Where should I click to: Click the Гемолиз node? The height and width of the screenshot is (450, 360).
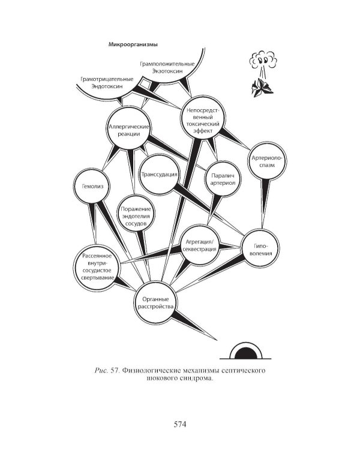pos(92,186)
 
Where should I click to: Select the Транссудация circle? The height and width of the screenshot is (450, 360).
pos(159,175)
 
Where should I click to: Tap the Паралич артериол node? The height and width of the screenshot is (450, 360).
pos(223,179)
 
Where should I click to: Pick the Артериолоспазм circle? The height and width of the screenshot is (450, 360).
pos(267,161)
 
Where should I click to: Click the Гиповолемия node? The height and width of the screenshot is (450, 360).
pos(260,248)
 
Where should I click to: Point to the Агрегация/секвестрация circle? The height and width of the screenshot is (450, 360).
pos(200,245)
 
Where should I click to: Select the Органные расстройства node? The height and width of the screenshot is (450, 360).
pos(155,302)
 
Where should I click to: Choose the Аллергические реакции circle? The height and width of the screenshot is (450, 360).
pos(128,128)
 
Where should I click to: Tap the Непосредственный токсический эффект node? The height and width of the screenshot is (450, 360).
pos(203,118)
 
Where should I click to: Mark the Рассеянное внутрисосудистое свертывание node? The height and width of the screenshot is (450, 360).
pos(97,267)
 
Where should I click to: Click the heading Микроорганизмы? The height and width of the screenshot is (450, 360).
pos(133,44)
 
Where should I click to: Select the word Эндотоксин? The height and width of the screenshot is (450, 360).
pos(107,86)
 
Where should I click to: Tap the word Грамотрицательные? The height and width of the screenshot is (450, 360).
pos(107,79)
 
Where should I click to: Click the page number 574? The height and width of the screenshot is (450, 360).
pos(180,424)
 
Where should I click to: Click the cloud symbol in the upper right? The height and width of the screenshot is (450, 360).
pos(263,59)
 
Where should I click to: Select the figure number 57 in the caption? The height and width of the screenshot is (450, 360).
pos(115,370)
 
